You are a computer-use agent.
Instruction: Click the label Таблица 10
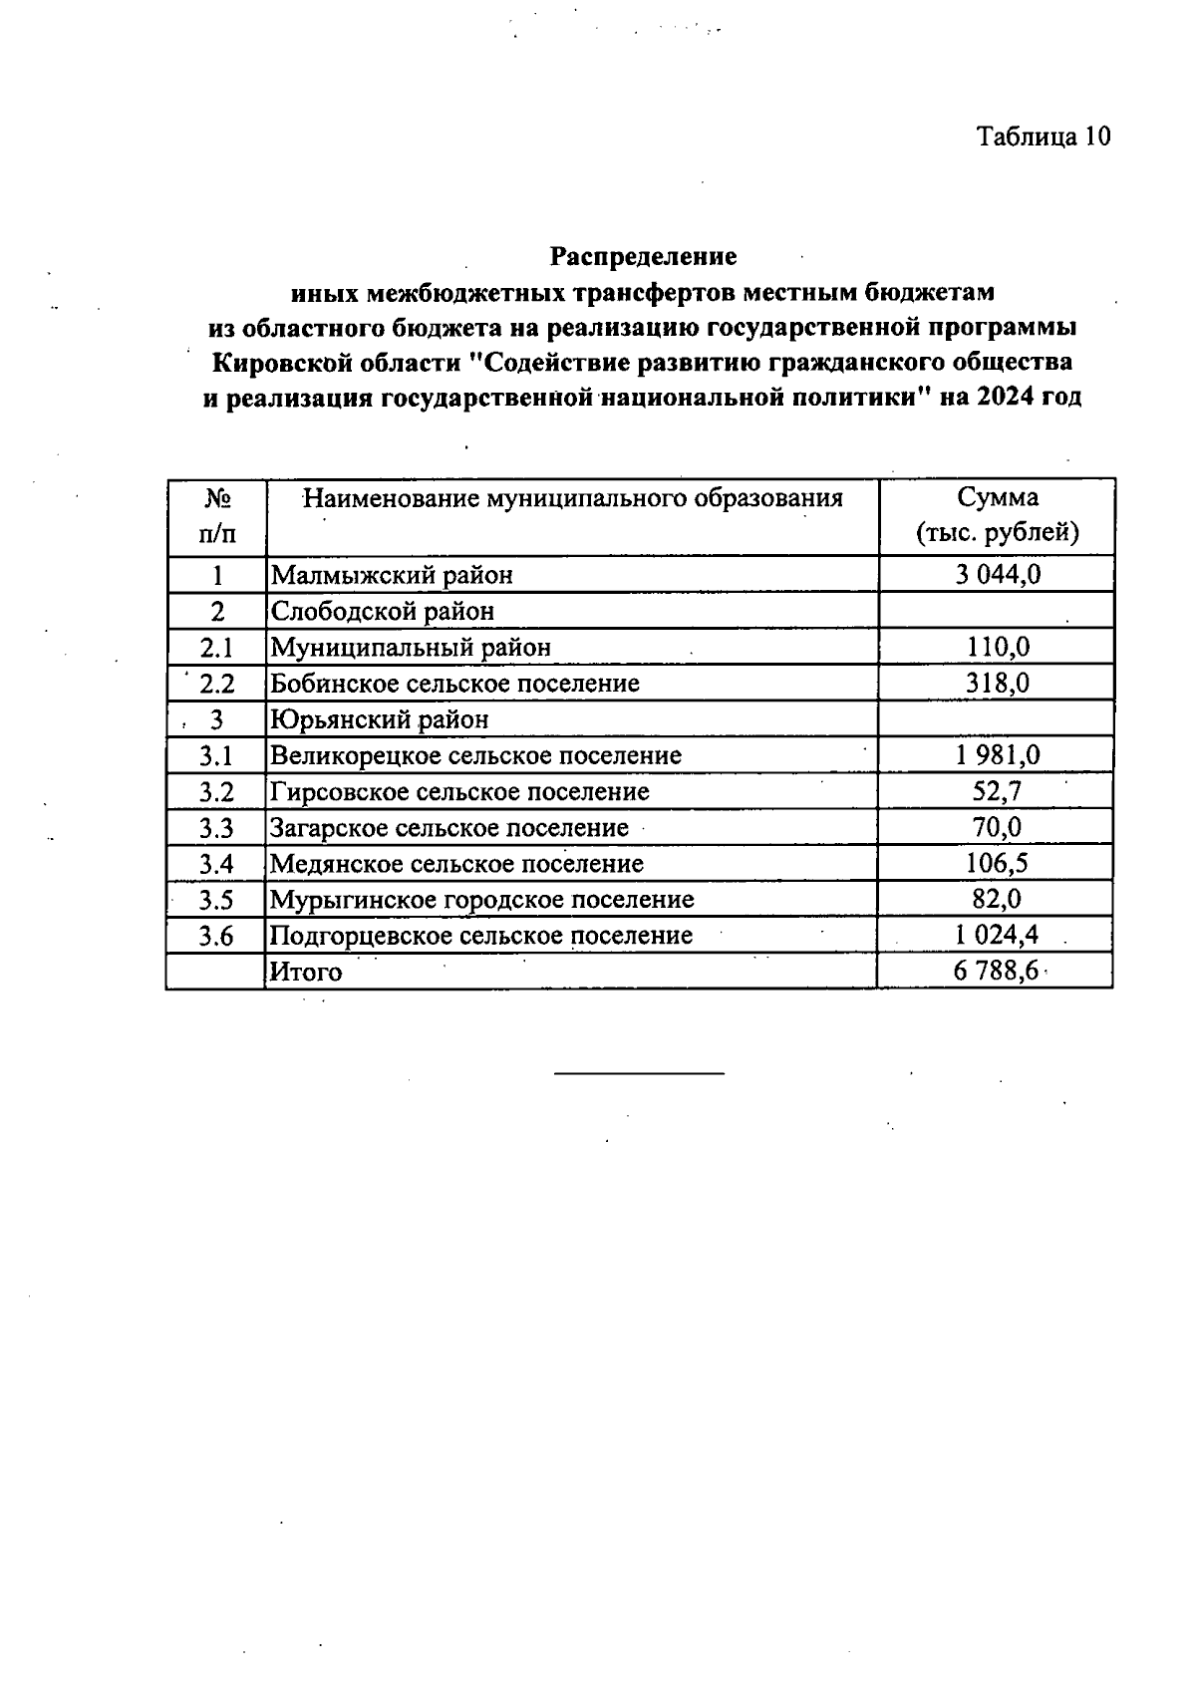[x=1043, y=137]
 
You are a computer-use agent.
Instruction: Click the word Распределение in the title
[x=644, y=256]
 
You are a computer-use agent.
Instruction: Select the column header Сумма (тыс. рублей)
[x=997, y=515]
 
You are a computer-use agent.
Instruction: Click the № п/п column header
[x=217, y=515]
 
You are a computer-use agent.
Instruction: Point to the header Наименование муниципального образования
[x=573, y=497]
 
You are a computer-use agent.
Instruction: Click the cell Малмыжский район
[x=393, y=575]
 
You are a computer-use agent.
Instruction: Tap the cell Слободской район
[x=383, y=611]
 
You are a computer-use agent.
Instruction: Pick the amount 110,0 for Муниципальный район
[x=997, y=648]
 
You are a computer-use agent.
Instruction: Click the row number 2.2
[x=216, y=684]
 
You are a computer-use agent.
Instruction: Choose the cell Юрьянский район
[x=380, y=719]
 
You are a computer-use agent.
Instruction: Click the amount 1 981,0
[x=997, y=755]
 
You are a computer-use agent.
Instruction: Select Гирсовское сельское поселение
[x=459, y=792]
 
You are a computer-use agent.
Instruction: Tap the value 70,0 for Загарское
[x=997, y=827]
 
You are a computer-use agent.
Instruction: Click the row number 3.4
[x=216, y=864]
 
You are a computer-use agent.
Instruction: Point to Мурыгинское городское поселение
[x=482, y=900]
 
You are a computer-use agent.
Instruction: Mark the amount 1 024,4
[x=997, y=936]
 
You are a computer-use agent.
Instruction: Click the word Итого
[x=306, y=973]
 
